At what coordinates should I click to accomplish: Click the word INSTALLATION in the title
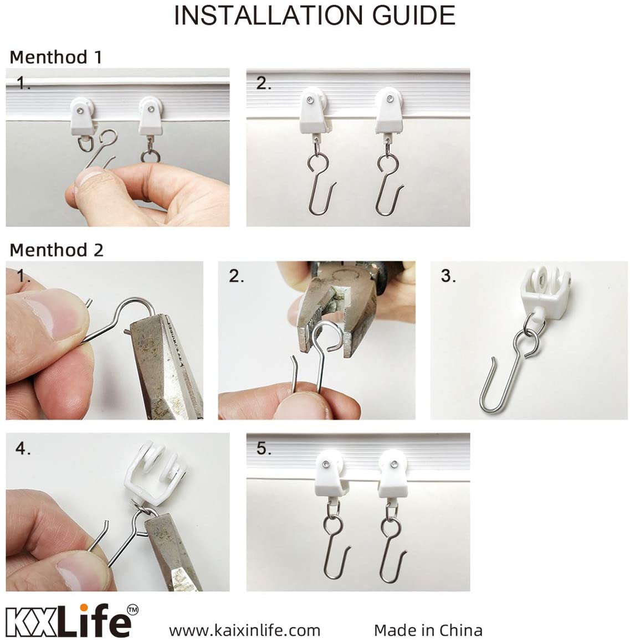coord(269,16)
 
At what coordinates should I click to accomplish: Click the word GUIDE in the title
coord(413,16)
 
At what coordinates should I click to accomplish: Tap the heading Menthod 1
coord(55,57)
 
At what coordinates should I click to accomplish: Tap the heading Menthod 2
coord(57,250)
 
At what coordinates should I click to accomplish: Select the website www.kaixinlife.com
coord(244,630)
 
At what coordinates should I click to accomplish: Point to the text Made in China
coord(428,630)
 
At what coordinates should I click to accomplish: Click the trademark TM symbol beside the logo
coord(133,610)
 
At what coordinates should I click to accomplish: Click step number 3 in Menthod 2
coord(448,276)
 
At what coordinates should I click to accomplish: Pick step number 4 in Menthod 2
coord(23,448)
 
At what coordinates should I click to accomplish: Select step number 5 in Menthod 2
coord(264,448)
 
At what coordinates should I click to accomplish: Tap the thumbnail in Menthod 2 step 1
coord(42,314)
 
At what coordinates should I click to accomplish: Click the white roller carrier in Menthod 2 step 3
coord(544,290)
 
